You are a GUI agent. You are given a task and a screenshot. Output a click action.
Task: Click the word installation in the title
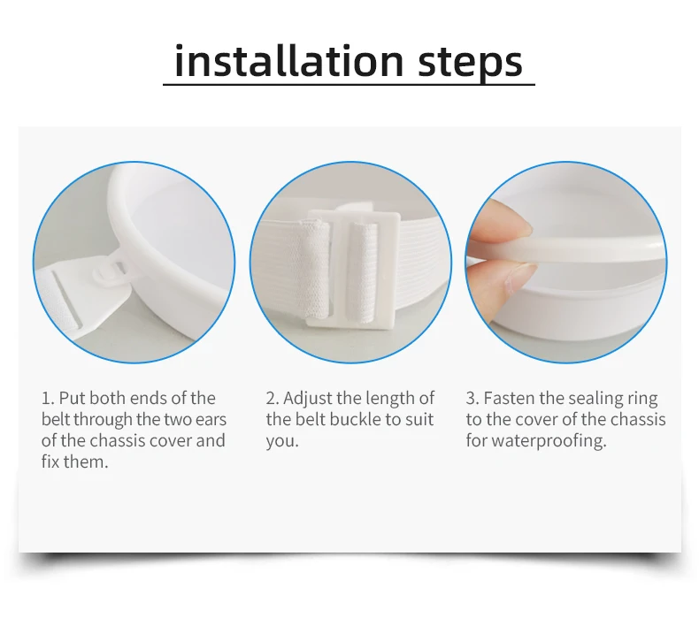(x=289, y=61)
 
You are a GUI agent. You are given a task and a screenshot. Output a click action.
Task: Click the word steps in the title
(x=470, y=65)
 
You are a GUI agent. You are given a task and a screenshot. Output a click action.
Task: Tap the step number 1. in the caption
(x=48, y=398)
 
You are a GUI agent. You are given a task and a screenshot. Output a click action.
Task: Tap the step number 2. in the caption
(x=273, y=398)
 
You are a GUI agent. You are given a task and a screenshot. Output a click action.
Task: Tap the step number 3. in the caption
(x=472, y=398)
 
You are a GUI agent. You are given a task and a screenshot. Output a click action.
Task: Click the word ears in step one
(x=211, y=420)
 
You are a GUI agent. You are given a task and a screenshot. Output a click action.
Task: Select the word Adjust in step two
(x=308, y=399)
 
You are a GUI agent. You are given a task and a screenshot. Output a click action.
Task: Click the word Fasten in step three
(x=509, y=398)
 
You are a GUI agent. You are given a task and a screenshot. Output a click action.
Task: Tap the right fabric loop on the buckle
(x=362, y=271)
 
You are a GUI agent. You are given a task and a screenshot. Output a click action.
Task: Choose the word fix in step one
(x=50, y=462)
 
